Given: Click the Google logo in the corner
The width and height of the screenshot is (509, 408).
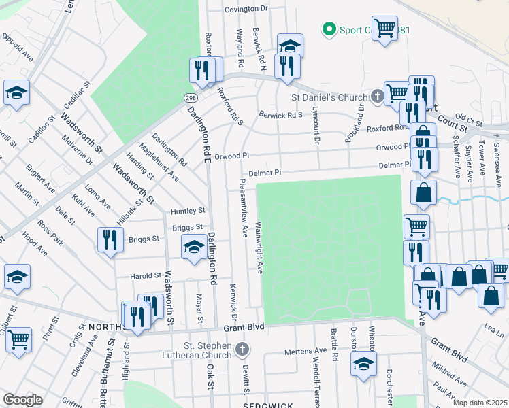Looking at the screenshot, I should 22,400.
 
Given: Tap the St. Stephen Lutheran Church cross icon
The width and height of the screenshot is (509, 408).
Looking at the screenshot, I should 240,350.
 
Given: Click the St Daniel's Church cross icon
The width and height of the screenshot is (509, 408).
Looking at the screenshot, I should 378,97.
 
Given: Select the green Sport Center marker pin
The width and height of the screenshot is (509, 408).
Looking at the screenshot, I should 329,29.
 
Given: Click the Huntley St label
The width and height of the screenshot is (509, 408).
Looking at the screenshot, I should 188,211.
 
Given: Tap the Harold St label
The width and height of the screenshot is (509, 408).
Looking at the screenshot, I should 147,276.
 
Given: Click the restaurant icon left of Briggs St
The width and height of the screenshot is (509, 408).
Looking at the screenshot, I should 109,239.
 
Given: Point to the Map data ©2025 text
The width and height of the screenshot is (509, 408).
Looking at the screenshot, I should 479,403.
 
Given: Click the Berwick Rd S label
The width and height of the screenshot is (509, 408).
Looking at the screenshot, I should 280,115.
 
